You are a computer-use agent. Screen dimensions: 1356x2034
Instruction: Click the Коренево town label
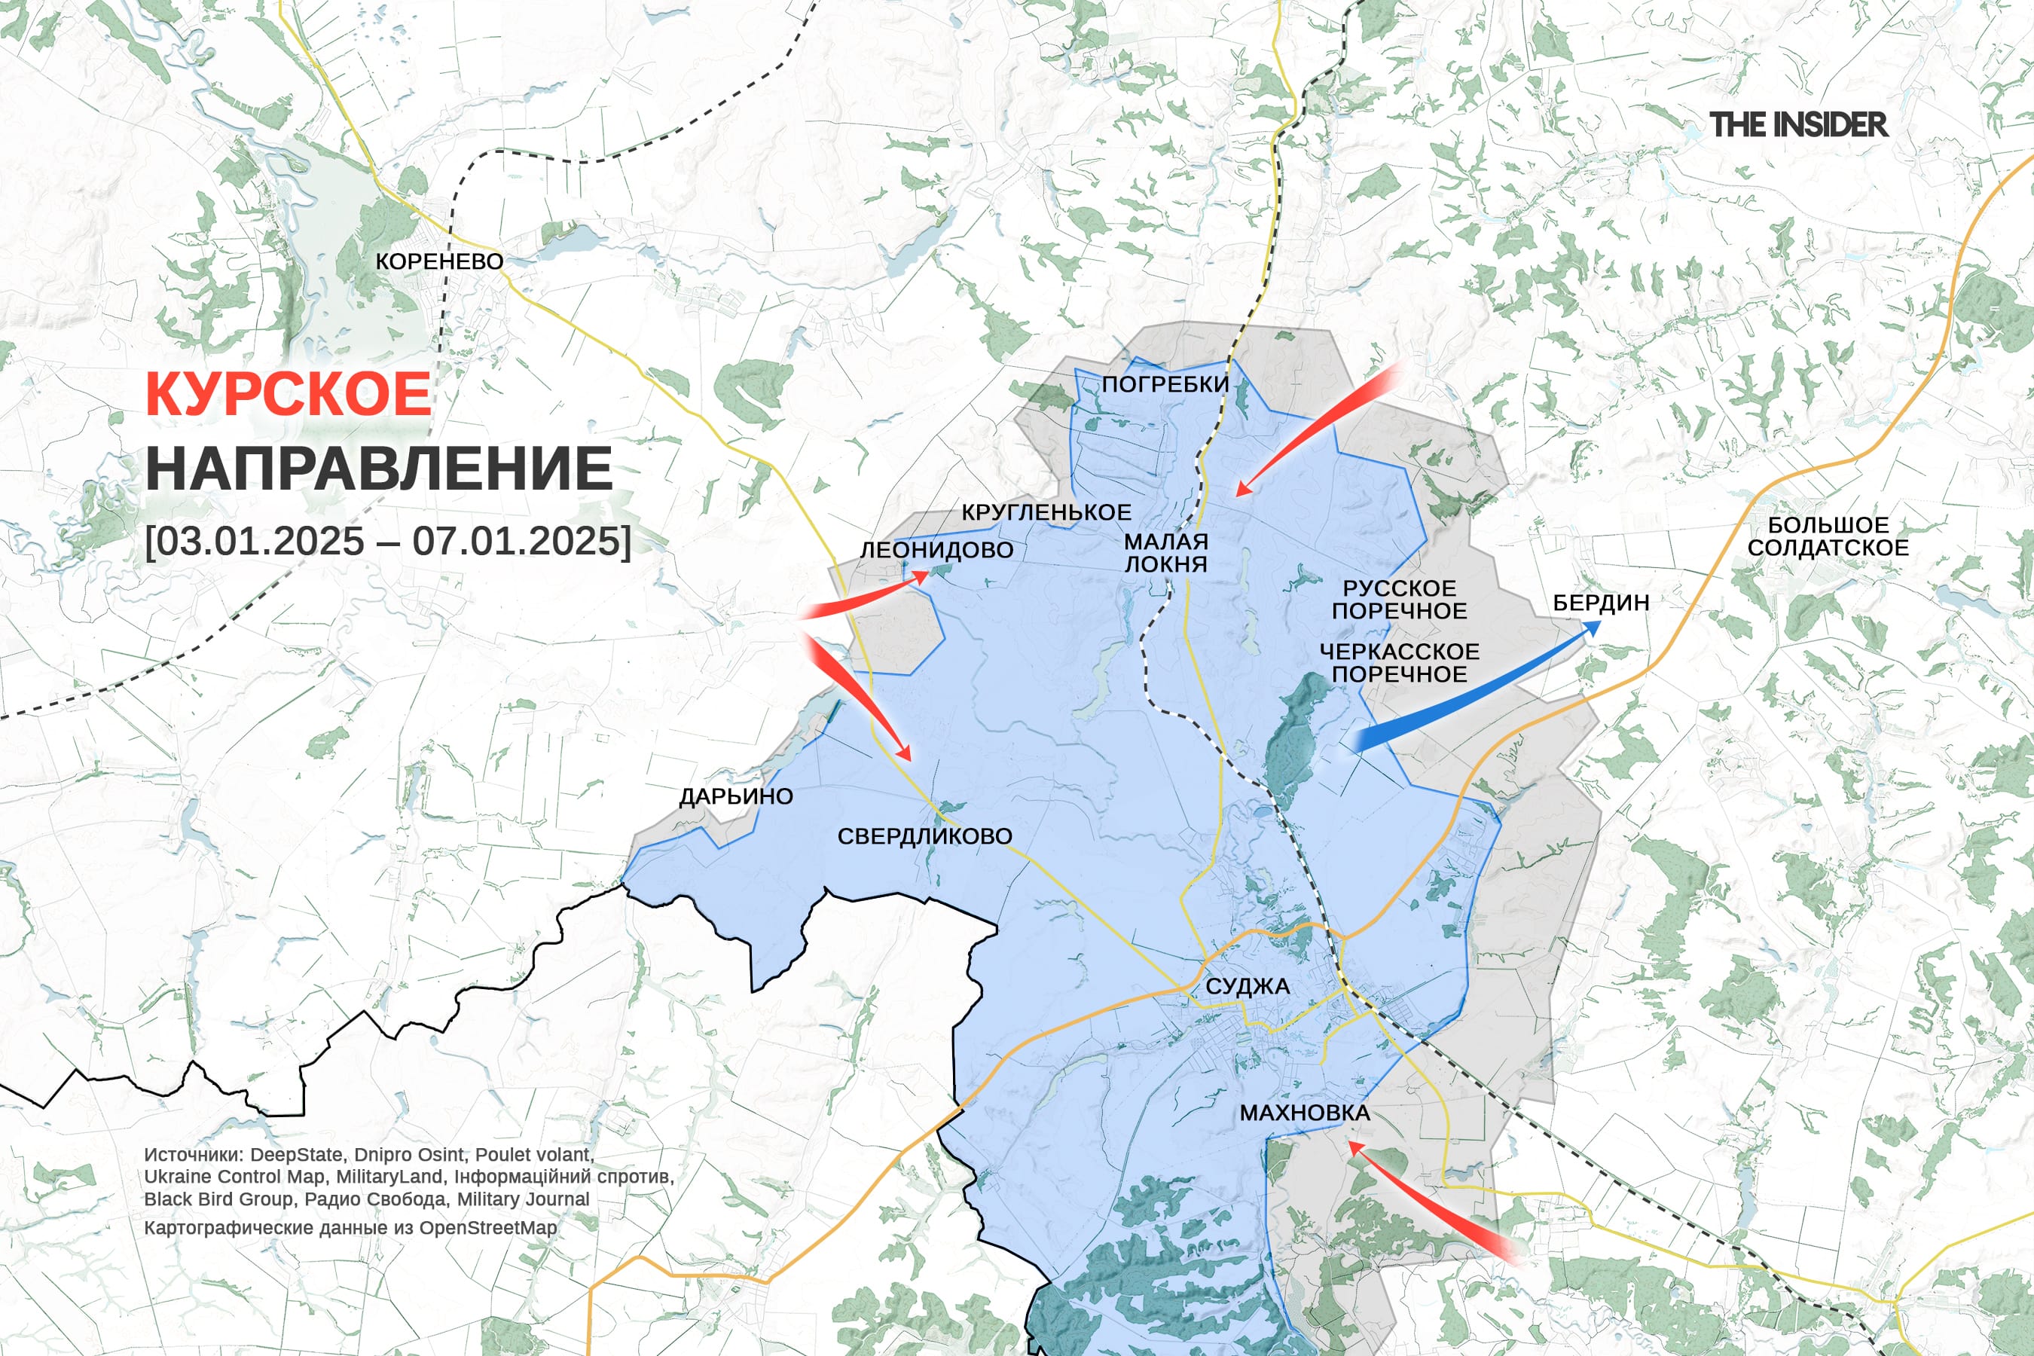pyautogui.click(x=439, y=261)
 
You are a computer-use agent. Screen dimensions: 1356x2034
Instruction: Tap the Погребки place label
pyautogui.click(x=1165, y=384)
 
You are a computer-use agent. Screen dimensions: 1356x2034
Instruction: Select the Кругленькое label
pyautogui.click(x=1046, y=512)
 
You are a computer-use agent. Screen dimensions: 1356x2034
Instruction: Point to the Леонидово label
pyautogui.click(x=936, y=550)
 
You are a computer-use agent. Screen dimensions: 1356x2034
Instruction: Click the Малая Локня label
pyautogui.click(x=1165, y=553)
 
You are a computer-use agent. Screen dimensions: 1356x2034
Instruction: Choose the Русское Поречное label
pyautogui.click(x=1399, y=600)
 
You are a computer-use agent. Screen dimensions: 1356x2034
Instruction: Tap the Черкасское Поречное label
pyautogui.click(x=1399, y=662)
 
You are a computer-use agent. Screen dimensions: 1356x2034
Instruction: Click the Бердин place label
pyautogui.click(x=1601, y=603)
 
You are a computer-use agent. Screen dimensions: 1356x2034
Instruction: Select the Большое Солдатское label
pyautogui.click(x=1828, y=536)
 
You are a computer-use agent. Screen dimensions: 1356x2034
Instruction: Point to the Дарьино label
pyautogui.click(x=736, y=796)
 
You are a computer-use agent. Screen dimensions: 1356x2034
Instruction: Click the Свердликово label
pyautogui.click(x=924, y=836)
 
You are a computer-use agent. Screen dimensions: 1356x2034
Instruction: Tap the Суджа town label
pyautogui.click(x=1247, y=986)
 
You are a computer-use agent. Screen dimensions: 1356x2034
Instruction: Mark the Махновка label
pyautogui.click(x=1305, y=1113)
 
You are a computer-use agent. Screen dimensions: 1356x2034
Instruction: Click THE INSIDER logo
pyautogui.click(x=1798, y=124)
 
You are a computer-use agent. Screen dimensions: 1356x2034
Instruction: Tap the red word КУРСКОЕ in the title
pyautogui.click(x=288, y=394)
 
